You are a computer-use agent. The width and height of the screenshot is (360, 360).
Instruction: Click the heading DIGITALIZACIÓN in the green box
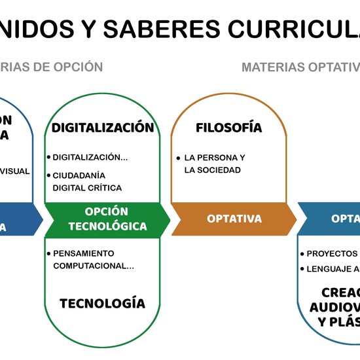tap(103, 128)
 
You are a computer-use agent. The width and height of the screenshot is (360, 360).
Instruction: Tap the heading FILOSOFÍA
tap(228, 128)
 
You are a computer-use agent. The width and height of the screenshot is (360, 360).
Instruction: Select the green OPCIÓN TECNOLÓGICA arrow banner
tap(107, 219)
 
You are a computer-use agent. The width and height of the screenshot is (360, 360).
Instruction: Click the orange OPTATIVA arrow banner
tap(234, 219)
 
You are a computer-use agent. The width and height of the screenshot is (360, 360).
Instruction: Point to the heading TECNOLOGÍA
tap(102, 303)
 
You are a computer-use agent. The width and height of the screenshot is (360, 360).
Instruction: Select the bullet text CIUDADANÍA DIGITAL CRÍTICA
tap(86, 181)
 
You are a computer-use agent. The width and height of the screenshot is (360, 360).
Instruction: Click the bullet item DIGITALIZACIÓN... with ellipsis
tap(90, 157)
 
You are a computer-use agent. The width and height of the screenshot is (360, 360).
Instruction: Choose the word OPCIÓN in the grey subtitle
tap(78, 67)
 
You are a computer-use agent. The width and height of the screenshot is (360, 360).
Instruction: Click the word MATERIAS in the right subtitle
tap(270, 67)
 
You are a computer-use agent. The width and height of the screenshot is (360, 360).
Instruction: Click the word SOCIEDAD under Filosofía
tap(222, 170)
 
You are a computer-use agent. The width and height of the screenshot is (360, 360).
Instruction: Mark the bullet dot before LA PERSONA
tap(178, 158)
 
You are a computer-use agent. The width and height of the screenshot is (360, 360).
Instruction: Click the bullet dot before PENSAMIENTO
tap(48, 253)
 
